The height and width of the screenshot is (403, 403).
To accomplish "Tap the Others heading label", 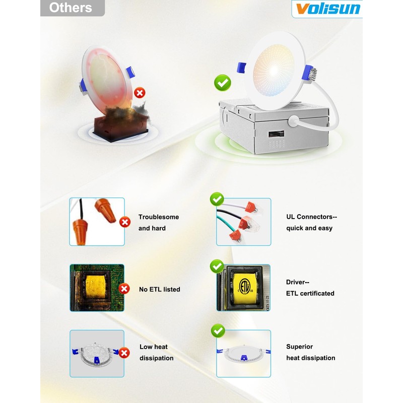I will pyautogui.click(x=71, y=8).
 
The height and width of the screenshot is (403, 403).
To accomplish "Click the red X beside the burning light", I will pyautogui.click(x=140, y=93).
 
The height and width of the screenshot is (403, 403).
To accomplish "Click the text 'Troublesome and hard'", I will pyautogui.click(x=158, y=223).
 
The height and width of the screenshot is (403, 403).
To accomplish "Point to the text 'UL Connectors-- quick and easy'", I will pyautogui.click(x=311, y=223).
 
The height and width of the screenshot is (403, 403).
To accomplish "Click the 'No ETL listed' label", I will pyautogui.click(x=159, y=290).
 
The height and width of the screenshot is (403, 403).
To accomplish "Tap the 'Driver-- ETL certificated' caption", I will pyautogui.click(x=310, y=288).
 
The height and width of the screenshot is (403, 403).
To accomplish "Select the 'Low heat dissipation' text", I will pyautogui.click(x=156, y=353).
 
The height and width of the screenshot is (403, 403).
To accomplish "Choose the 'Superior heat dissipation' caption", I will pyautogui.click(x=310, y=353).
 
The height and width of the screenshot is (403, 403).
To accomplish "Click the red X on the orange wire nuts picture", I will pyautogui.click(x=124, y=222).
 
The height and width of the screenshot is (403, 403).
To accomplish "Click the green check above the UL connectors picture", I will pyautogui.click(x=217, y=199).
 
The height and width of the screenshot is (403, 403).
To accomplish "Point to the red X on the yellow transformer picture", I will pyautogui.click(x=124, y=289).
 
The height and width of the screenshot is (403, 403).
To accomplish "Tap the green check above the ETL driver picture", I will pyautogui.click(x=217, y=265).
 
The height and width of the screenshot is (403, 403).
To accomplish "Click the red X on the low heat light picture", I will pyautogui.click(x=124, y=353).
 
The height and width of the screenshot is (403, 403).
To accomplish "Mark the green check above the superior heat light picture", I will pyautogui.click(x=218, y=330).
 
